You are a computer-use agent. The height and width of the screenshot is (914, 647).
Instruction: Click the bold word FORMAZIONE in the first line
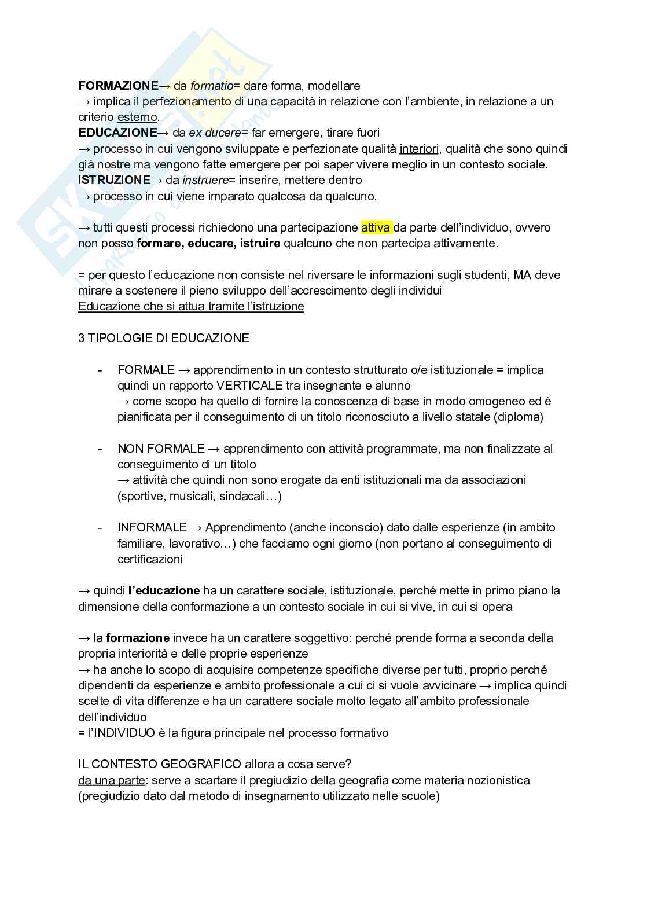(118, 86)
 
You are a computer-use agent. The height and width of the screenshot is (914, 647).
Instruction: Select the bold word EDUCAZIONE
(117, 133)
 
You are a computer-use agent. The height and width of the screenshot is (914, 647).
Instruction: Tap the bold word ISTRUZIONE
(114, 180)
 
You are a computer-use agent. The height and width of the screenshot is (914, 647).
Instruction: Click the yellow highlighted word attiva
(376, 227)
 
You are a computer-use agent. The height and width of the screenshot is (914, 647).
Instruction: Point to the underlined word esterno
(137, 118)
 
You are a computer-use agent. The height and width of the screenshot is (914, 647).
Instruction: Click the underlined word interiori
(419, 149)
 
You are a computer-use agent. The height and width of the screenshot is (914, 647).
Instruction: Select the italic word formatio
(211, 86)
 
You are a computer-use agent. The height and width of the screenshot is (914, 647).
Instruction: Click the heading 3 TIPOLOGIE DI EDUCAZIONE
(164, 338)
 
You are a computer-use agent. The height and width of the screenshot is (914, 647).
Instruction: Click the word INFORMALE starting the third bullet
(152, 527)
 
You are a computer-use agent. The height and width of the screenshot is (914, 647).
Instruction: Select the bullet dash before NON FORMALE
(100, 449)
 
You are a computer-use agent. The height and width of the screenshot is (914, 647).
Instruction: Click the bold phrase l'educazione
(164, 591)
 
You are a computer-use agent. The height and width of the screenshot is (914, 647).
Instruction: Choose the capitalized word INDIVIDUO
(124, 733)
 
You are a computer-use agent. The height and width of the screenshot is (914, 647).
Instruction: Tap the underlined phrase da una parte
(111, 780)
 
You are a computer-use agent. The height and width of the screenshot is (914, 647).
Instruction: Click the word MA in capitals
(523, 275)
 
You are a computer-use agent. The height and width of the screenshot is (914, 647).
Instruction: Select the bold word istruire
(258, 243)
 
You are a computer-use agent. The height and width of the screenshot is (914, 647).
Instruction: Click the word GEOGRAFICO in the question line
(201, 764)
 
